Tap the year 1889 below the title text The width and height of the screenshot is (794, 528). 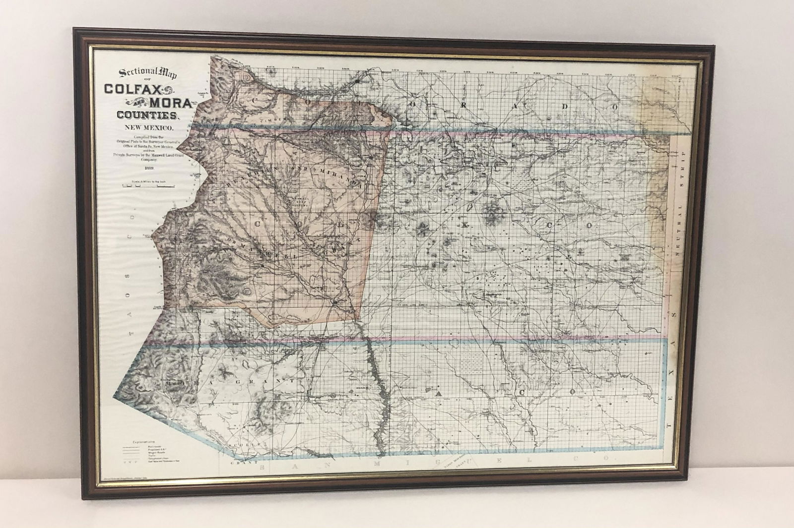click(148, 168)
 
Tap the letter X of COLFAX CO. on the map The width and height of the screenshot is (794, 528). click(465, 225)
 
